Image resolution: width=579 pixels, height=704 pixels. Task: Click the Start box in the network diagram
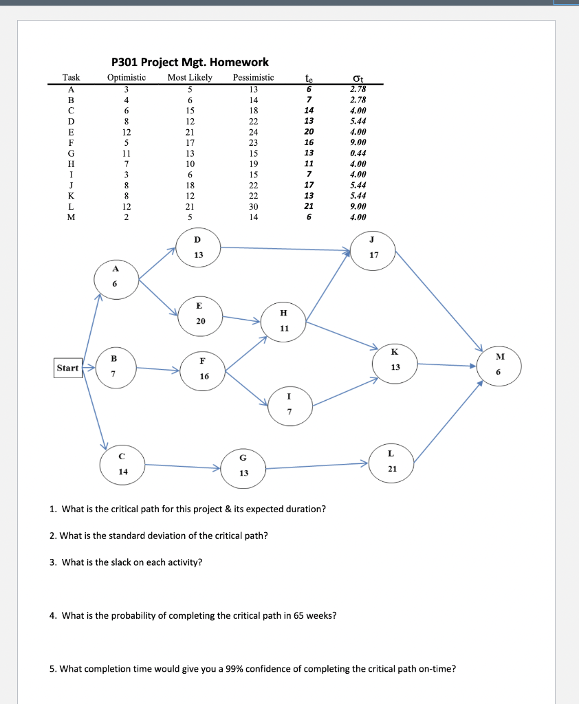point(67,368)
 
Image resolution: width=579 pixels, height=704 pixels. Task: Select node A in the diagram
point(116,278)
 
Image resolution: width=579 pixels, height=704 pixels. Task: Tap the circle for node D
point(198,247)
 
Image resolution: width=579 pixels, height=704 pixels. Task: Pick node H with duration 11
point(284,320)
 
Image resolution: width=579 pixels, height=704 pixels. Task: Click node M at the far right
point(499,364)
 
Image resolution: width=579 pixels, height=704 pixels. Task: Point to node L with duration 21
point(391,461)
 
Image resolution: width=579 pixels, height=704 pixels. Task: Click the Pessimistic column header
point(253,78)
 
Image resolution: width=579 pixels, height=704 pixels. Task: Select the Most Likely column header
point(190,78)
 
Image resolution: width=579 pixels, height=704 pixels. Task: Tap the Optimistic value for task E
point(126,132)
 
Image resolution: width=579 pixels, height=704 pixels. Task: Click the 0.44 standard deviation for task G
point(358,153)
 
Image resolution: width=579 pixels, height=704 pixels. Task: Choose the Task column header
point(72,78)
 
